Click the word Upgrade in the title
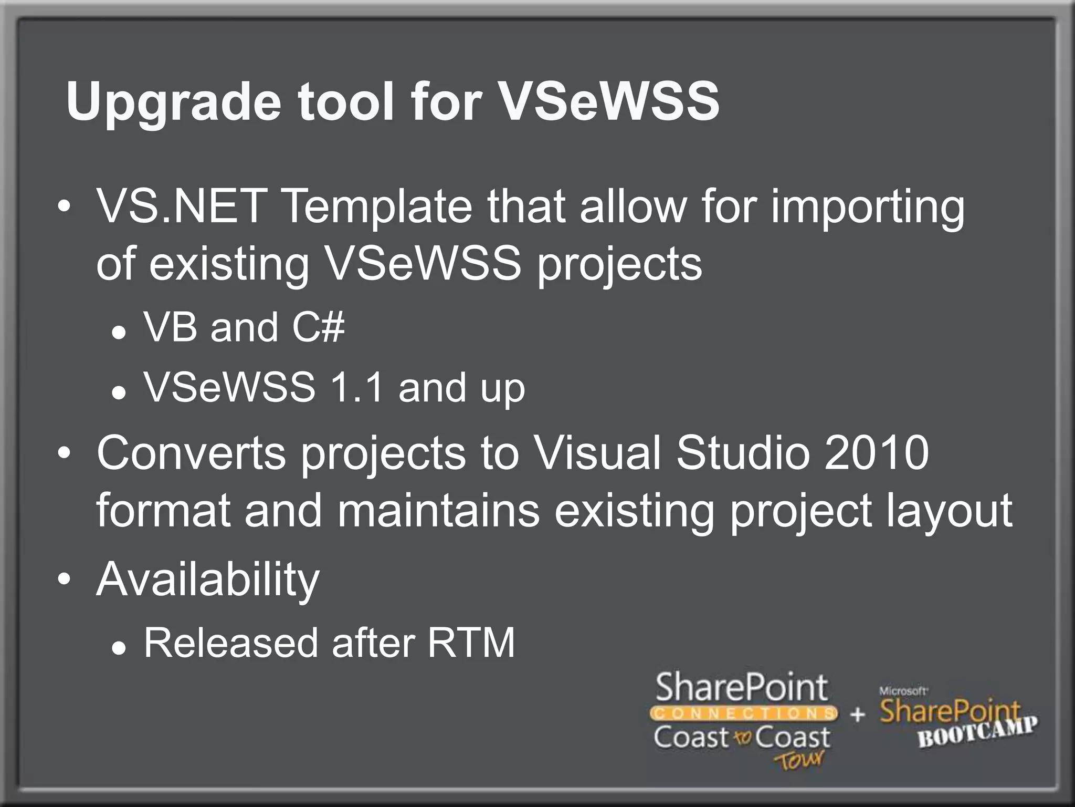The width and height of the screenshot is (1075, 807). point(173,103)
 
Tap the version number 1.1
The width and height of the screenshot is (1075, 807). point(356,388)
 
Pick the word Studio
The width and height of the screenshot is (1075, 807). point(743,453)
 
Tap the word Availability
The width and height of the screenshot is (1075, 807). point(208,580)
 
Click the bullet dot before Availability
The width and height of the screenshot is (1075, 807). point(64,580)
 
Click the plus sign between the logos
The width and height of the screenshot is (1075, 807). point(858,715)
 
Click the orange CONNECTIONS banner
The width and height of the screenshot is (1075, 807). point(743,713)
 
